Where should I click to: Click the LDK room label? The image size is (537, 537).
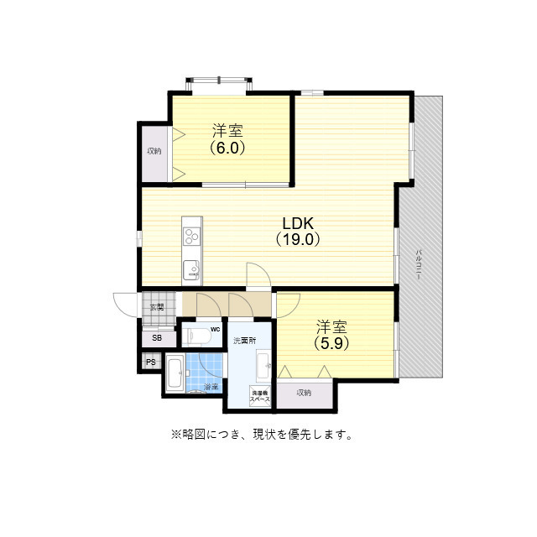click(x=297, y=224)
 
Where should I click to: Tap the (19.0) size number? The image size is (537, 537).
click(x=297, y=239)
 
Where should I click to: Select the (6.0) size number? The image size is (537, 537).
click(x=227, y=147)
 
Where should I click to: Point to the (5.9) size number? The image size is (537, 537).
click(x=331, y=342)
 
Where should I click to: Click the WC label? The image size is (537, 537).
click(x=216, y=329)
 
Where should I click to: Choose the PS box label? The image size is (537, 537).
click(x=151, y=362)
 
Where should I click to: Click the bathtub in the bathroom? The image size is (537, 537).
click(x=175, y=373)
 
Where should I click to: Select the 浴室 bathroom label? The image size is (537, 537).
click(x=211, y=387)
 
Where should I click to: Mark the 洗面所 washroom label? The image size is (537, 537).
click(x=244, y=341)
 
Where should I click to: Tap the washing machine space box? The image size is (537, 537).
click(x=259, y=397)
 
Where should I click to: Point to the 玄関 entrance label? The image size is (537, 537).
click(x=157, y=307)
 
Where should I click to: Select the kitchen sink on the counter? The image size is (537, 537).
click(x=191, y=270)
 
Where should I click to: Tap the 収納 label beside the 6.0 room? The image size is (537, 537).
click(x=154, y=151)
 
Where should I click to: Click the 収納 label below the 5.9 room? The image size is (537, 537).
click(x=303, y=392)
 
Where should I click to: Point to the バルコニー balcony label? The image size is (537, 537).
click(x=419, y=266)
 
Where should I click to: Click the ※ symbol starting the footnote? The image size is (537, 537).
click(x=176, y=435)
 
